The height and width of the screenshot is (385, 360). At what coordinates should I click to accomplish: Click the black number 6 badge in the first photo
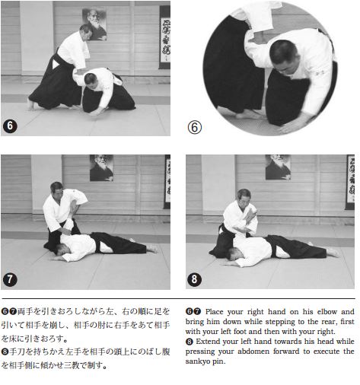point(10,126)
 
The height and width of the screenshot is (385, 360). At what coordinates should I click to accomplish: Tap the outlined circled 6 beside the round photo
point(195,127)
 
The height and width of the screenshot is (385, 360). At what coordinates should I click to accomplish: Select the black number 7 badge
point(10,279)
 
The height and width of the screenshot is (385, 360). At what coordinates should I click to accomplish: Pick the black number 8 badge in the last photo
point(194,279)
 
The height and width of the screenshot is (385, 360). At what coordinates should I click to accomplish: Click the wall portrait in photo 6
point(94,24)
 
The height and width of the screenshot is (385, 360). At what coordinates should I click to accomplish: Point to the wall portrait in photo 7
point(101,168)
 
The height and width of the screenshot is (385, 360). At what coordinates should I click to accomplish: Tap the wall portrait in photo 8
point(278,167)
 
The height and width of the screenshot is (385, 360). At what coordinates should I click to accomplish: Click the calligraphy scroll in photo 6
point(165,37)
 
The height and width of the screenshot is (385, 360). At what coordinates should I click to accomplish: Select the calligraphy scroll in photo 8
point(350,182)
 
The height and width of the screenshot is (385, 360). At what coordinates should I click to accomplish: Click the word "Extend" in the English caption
point(208,342)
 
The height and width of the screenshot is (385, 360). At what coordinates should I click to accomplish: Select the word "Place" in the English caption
point(214,312)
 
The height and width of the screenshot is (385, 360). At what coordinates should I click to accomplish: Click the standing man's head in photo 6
point(86,32)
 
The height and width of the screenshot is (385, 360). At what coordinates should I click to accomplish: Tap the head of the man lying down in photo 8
point(233,254)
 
